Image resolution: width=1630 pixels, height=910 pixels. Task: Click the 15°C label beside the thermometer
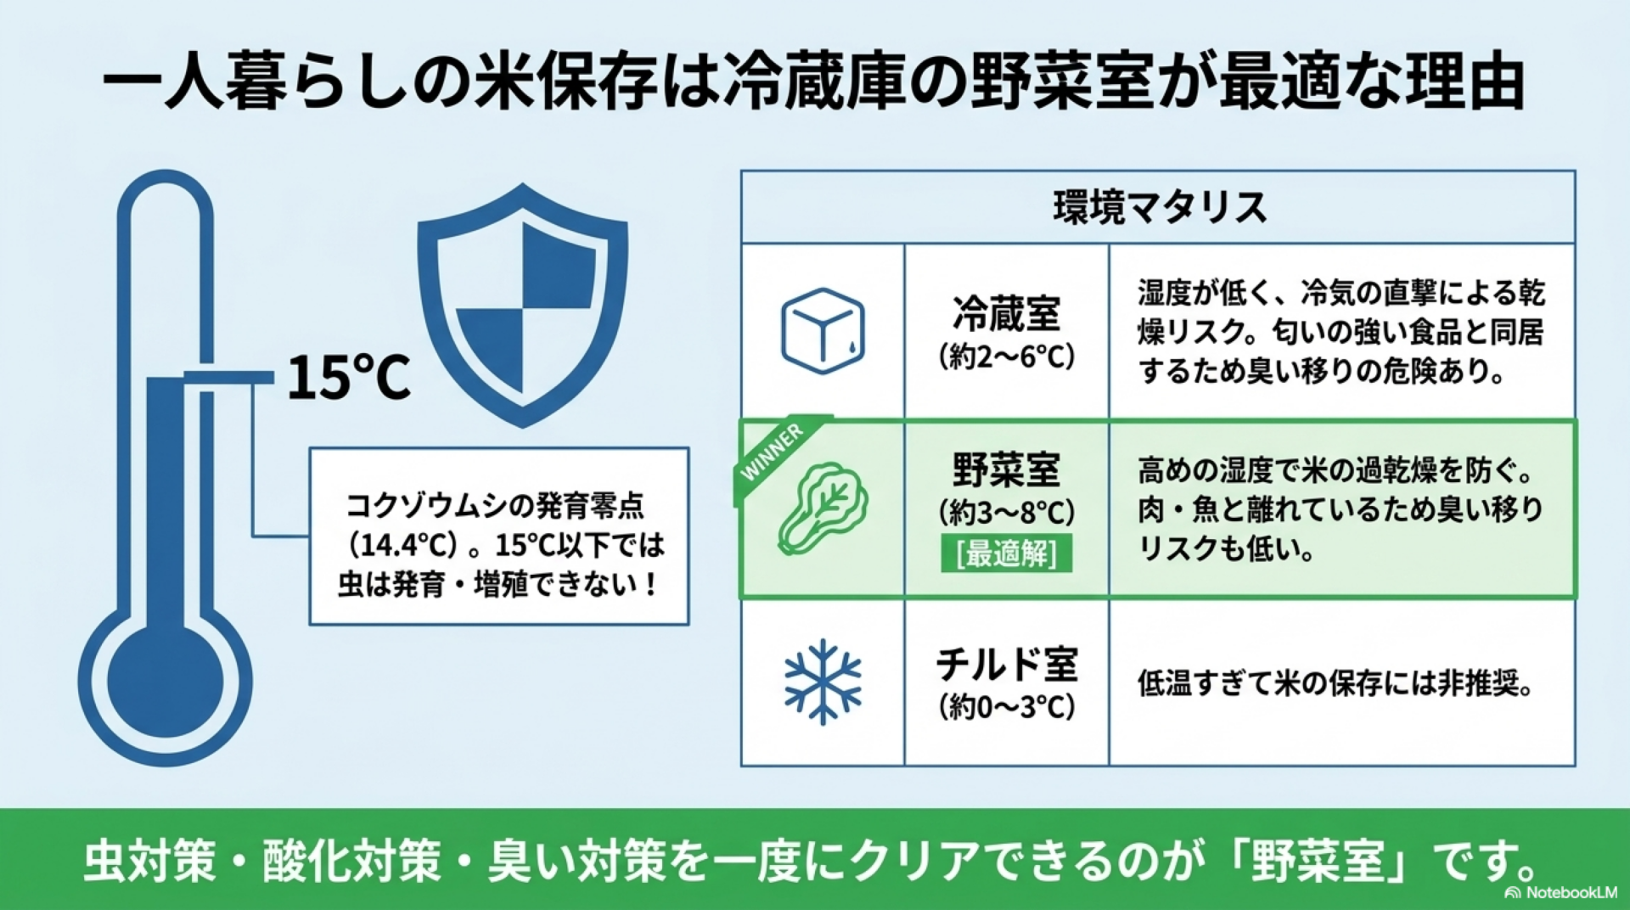349,377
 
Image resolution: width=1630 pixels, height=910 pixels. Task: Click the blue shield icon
523,304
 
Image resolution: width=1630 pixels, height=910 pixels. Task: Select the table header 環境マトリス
1160,207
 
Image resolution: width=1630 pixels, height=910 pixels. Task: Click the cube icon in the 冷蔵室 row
823,331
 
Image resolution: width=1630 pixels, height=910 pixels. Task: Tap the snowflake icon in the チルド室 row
823,682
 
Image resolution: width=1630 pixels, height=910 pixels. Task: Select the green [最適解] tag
1006,553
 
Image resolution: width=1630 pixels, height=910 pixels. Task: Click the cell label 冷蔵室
1007,314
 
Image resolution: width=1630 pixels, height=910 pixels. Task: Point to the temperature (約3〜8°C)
1007,512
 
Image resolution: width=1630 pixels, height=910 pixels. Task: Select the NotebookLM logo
1560,892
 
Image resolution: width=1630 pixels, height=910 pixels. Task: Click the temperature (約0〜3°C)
1007,706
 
